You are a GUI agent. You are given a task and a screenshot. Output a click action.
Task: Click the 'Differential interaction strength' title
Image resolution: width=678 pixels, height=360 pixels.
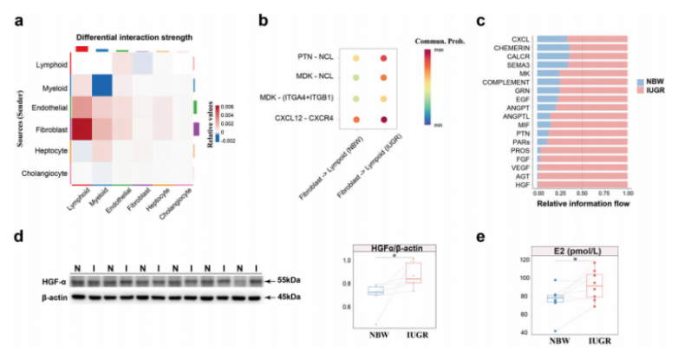click(134, 37)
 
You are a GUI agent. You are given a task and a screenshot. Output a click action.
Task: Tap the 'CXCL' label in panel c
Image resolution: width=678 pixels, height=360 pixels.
click(521, 39)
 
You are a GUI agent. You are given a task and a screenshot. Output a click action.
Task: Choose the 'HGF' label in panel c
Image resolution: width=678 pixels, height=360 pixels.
click(523, 183)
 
